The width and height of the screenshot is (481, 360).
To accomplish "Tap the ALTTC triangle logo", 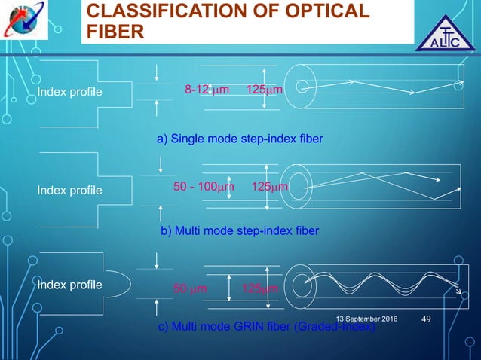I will (x=447, y=34).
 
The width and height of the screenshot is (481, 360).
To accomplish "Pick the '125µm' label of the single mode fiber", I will (x=265, y=91).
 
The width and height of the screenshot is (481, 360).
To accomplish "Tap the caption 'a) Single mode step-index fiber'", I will (x=239, y=139).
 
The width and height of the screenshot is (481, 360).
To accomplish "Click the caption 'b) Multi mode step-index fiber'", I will (x=240, y=230).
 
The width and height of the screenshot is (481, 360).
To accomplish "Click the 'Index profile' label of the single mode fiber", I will (x=69, y=93).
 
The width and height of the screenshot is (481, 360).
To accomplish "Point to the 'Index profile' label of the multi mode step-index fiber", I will (x=69, y=191).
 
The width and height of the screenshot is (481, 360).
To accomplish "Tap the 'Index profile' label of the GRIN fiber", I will (x=69, y=285).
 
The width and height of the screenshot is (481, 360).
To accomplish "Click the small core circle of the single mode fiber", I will (x=301, y=88).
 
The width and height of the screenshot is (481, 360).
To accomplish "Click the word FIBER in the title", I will (x=117, y=32).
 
